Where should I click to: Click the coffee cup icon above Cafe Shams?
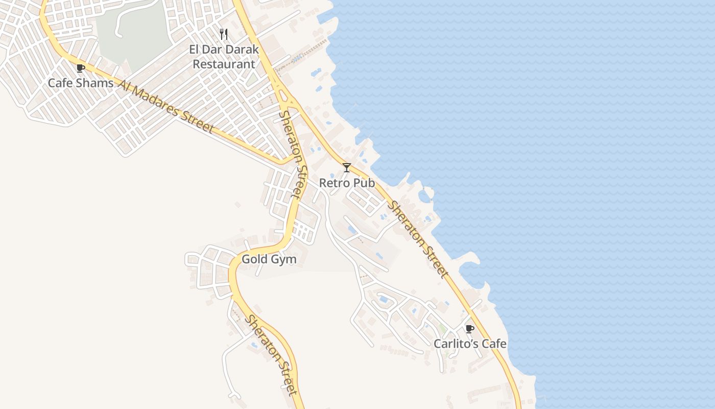coord(80,69)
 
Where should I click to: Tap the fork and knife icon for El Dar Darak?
coord(224,34)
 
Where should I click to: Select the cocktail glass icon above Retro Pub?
coord(347,167)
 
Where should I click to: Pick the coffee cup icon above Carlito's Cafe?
coord(470,329)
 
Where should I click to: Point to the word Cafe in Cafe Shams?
coord(60,83)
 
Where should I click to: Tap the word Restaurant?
coord(224,64)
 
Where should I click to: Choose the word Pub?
coord(365,183)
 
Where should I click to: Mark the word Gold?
coord(254,259)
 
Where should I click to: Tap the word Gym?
coord(283,259)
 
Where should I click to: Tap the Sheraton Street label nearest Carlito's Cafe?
coord(418,239)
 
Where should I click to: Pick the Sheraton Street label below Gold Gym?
coord(271,355)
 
